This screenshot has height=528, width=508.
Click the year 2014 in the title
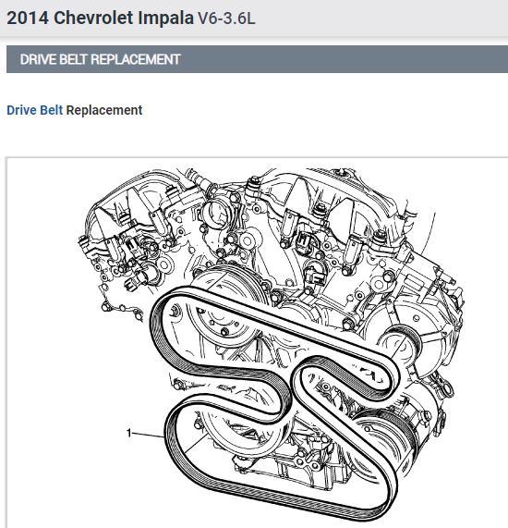(x=28, y=18)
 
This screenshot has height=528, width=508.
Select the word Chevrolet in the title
(x=93, y=18)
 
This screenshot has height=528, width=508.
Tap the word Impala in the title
(x=166, y=18)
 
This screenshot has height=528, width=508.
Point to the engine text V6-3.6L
(x=226, y=18)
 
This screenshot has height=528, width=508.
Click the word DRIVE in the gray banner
(x=38, y=59)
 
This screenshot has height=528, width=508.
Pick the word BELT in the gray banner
(x=73, y=59)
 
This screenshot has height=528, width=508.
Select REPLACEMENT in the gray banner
(x=135, y=59)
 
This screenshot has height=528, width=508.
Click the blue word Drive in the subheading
(x=22, y=110)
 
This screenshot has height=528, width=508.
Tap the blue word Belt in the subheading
(x=51, y=110)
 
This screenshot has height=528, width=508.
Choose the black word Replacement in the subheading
(x=104, y=110)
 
